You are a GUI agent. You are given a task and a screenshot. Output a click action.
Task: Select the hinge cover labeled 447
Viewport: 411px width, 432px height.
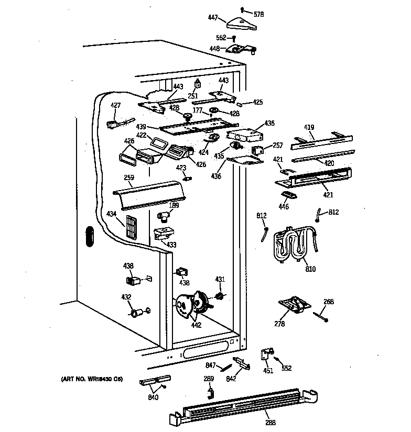click(x=241, y=23)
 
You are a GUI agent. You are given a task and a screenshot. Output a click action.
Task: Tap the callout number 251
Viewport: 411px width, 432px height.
click(x=193, y=96)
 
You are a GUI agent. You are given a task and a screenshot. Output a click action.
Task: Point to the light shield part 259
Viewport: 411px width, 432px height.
click(x=149, y=191)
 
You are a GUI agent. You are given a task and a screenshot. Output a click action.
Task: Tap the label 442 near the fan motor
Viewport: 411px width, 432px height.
click(x=196, y=324)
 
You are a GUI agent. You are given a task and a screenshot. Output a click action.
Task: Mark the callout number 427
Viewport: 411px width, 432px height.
click(x=115, y=105)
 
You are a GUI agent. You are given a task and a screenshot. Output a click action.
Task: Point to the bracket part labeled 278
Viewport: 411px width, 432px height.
click(x=293, y=305)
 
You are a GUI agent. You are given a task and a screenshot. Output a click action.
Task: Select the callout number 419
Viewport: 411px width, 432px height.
click(x=309, y=127)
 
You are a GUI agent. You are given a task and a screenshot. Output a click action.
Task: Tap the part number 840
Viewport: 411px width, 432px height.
click(x=153, y=397)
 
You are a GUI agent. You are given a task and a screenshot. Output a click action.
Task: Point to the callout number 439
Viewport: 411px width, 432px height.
click(x=140, y=127)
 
